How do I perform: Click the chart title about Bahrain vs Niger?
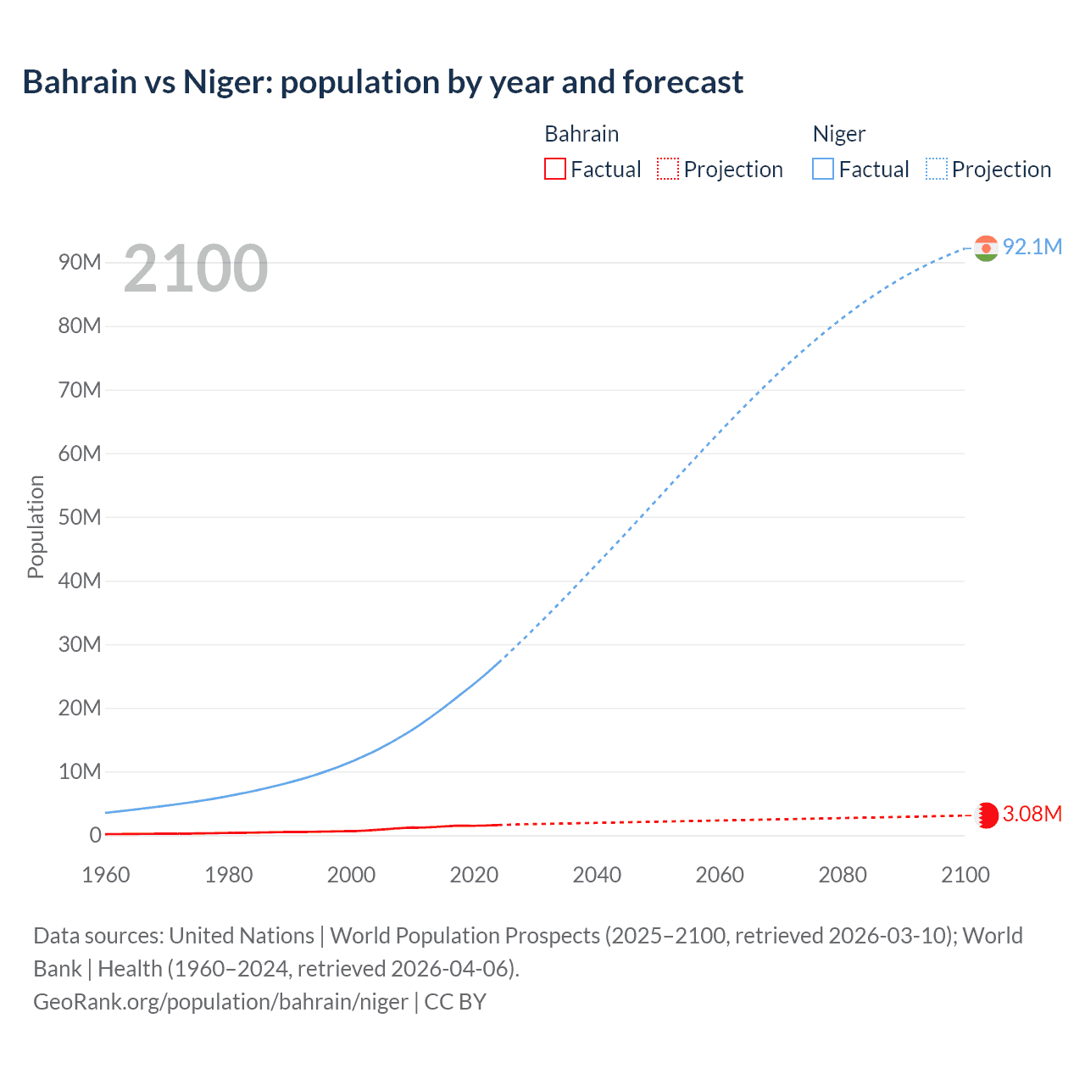coord(382,82)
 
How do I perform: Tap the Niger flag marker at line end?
coord(986,248)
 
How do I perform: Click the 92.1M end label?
coord(1032,247)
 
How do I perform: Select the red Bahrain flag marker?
coord(986,815)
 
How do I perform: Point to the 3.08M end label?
coord(1032,814)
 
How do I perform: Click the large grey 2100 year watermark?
coord(196,269)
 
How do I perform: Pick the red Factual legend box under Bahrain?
coord(555,169)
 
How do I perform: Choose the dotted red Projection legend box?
coord(668,169)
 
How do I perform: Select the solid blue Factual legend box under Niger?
coord(823,169)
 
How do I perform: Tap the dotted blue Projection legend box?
coord(937,169)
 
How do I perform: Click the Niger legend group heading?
coord(838,134)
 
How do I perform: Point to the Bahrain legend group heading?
coord(581,134)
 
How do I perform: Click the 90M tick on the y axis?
coord(80,262)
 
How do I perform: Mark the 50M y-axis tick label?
coord(80,517)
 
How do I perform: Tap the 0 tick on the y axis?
coord(95,835)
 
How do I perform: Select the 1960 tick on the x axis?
coord(106,875)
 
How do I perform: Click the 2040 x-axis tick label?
coord(597,875)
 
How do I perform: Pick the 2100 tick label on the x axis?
coord(965,875)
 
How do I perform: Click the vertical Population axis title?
coord(36,526)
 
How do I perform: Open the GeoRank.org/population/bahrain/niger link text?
coord(220,1002)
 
